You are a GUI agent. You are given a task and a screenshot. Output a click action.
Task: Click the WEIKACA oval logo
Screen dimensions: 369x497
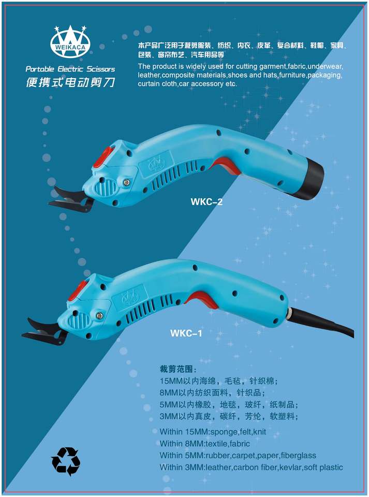70,42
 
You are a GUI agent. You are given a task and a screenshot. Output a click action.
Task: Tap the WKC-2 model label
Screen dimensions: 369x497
206,201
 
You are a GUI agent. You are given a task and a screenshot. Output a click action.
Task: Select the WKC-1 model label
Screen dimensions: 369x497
186,333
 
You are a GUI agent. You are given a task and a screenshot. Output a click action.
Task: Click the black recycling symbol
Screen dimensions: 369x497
65,461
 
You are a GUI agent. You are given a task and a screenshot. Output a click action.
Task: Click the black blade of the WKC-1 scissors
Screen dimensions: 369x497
45,331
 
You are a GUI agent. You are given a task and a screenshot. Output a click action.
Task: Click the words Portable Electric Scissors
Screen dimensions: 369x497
70,69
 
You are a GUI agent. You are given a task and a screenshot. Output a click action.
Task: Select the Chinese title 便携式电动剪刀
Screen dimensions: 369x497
70,82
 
